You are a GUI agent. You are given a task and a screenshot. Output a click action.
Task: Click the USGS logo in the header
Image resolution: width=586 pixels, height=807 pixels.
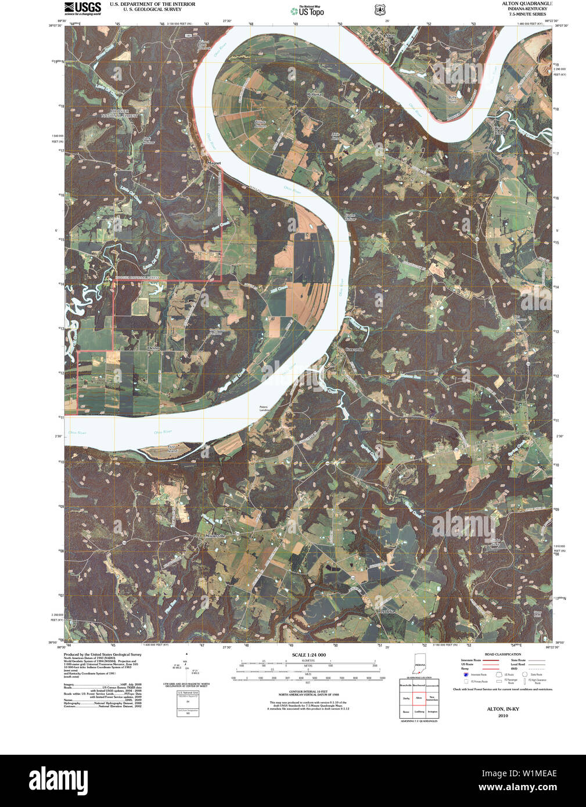pos(82,8)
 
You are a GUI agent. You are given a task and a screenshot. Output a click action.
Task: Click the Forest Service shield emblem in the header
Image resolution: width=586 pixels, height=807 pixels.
pos(380,10)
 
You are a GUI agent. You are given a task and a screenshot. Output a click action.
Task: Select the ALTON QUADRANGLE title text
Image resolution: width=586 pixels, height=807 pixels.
pos(527,3)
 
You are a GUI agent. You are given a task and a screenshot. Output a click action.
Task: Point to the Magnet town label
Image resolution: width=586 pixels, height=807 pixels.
pos(214,163)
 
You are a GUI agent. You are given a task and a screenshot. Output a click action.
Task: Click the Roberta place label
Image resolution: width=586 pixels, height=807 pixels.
pos(314,93)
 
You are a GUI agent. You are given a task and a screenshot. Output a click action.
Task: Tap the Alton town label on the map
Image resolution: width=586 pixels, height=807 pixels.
pos(390,35)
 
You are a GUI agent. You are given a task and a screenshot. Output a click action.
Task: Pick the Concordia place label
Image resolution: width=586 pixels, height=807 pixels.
pos(354,349)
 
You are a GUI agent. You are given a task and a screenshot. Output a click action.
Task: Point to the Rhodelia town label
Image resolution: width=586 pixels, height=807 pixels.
pos(386,611)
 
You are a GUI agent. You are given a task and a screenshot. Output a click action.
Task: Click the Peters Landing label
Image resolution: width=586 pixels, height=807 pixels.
pos(264,409)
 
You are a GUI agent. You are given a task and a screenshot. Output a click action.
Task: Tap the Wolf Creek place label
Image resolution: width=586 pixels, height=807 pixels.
pos(500,131)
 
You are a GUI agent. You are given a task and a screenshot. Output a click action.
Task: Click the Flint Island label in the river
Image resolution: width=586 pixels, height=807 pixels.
pos(172,449)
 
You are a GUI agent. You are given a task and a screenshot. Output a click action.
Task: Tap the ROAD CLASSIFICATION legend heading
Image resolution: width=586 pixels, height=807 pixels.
pos(503,654)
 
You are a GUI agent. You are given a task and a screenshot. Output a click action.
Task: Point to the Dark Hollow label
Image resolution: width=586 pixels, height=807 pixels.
pos(149,140)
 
